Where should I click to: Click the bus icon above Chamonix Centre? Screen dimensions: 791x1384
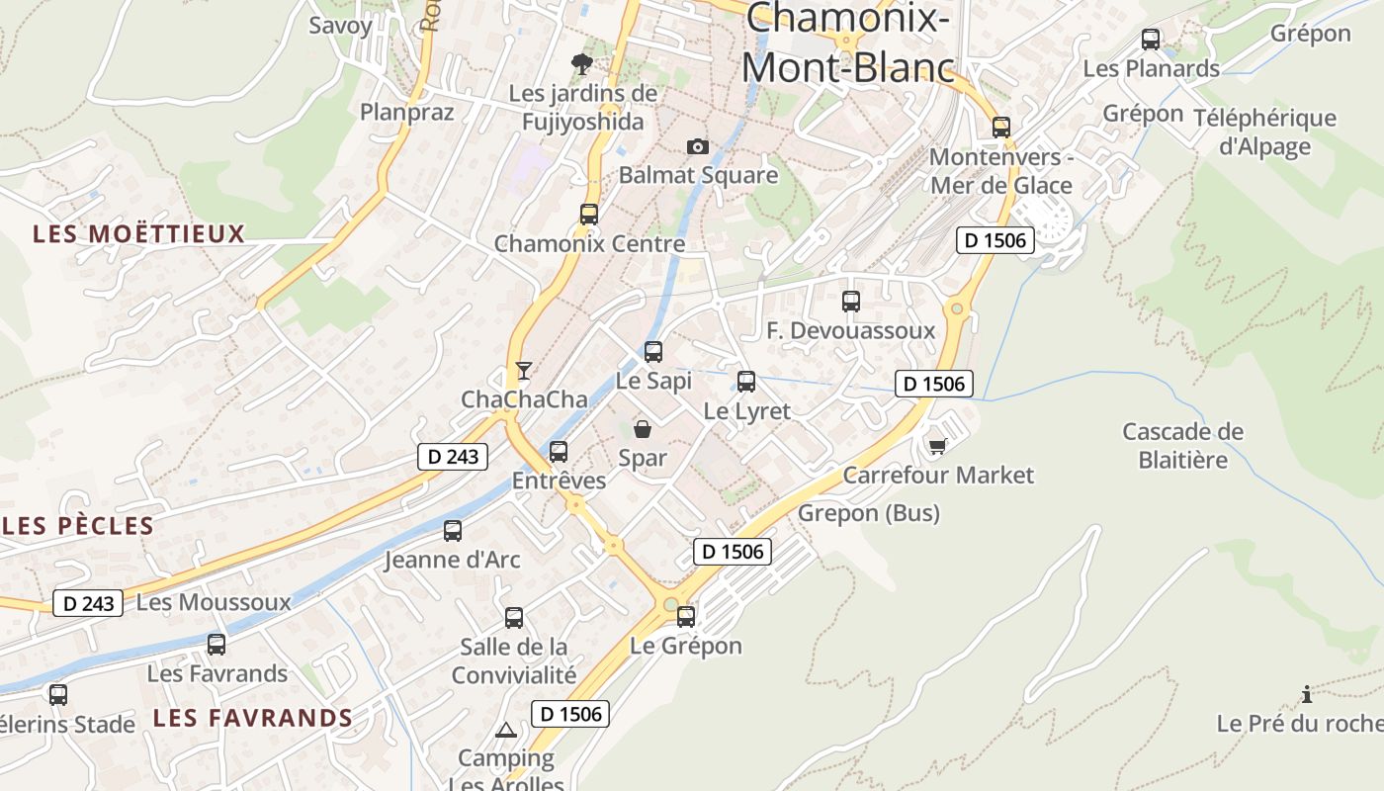(x=589, y=214)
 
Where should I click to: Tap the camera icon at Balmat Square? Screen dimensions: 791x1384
(x=698, y=147)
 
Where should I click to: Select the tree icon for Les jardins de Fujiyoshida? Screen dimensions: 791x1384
(x=582, y=64)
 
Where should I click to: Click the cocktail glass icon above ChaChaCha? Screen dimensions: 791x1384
(x=524, y=371)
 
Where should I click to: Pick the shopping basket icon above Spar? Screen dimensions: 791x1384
(x=643, y=429)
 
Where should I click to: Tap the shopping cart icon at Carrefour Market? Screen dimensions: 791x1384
(x=937, y=447)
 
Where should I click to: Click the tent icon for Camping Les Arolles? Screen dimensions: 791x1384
(x=506, y=731)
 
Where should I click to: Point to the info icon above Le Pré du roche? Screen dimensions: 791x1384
(x=1307, y=694)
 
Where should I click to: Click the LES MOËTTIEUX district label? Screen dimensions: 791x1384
(x=138, y=234)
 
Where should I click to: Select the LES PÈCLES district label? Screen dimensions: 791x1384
(x=79, y=526)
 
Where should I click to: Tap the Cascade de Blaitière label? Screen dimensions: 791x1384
(x=1182, y=446)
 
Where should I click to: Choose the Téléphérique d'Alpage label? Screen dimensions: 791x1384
(x=1264, y=132)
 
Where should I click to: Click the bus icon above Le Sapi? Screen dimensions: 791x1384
(x=653, y=351)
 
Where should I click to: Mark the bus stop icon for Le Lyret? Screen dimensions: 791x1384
(x=746, y=382)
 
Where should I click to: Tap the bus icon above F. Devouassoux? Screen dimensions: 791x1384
(x=851, y=302)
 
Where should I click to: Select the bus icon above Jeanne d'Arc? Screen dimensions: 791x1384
(x=453, y=531)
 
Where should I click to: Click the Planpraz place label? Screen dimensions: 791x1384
(x=407, y=112)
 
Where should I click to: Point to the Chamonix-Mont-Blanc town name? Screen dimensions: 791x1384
(x=848, y=44)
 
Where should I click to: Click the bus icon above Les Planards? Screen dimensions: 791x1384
(x=1151, y=40)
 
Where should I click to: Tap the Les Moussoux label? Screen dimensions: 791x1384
(x=214, y=602)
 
